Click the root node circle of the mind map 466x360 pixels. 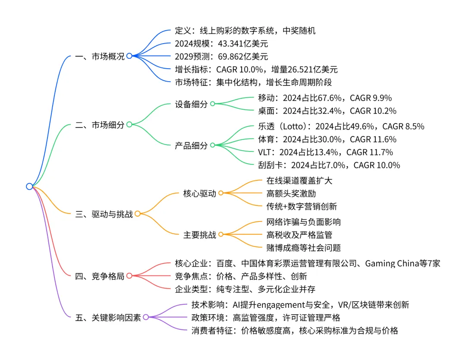tap(29, 186)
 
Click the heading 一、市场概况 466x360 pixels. tap(100, 56)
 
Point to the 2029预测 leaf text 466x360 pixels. tap(221, 57)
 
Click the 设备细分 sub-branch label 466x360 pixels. tap(191, 104)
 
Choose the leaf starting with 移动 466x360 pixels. tap(324, 98)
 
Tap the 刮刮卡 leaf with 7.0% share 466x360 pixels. tap(328, 165)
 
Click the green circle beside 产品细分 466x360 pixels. tap(212, 145)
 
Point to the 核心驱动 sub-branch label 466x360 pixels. tap(199, 194)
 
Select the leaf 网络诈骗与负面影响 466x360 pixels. tap(304, 222)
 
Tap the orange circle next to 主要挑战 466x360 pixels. tap(220, 235)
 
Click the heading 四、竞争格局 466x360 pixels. tap(100, 276)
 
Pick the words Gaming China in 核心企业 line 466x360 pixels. tap(390, 263)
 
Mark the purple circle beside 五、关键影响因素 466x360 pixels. tap(145, 317)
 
